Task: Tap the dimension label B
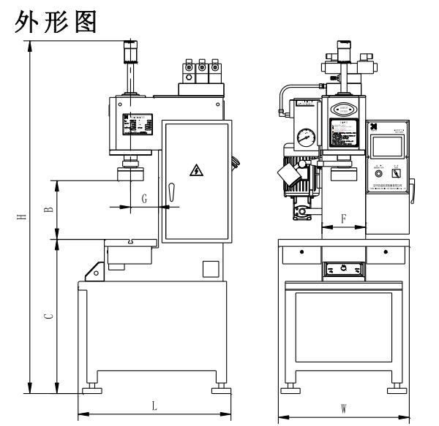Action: click(x=48, y=209)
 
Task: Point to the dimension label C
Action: click(x=48, y=316)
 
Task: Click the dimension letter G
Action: click(x=145, y=198)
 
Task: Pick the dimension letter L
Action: click(x=154, y=406)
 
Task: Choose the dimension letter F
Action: click(x=343, y=218)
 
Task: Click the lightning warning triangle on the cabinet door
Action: click(x=195, y=171)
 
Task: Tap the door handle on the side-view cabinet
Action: click(x=170, y=193)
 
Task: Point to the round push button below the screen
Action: click(x=378, y=173)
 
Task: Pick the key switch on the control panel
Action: click(x=396, y=173)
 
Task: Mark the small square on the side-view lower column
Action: click(x=211, y=268)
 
